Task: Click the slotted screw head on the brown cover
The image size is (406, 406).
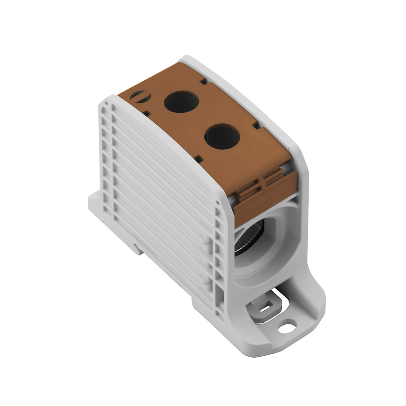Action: click(x=138, y=94)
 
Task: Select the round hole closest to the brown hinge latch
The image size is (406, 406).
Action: click(x=222, y=137)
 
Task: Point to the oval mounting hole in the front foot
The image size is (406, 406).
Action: click(x=287, y=328)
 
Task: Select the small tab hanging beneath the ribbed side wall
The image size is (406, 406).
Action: click(x=138, y=248)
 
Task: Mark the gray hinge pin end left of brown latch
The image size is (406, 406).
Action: click(x=231, y=200)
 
